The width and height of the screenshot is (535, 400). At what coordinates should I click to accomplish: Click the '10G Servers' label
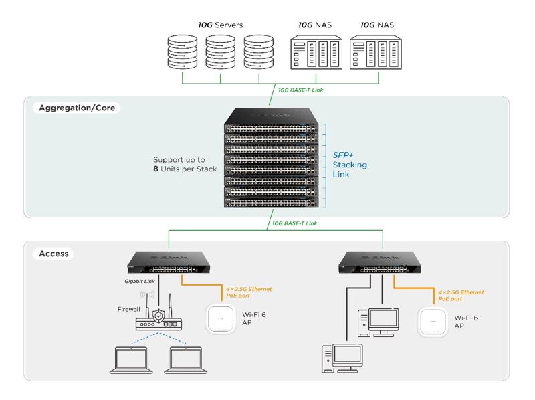220,25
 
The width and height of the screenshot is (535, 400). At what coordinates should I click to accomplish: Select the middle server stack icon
221,53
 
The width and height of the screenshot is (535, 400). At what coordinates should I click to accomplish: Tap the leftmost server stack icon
183,53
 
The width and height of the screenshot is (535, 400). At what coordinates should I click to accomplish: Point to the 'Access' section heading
53,254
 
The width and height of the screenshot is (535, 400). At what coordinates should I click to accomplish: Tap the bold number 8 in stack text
155,169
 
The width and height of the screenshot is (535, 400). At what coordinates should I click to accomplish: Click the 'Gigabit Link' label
140,282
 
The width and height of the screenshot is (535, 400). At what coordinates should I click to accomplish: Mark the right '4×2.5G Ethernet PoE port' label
460,296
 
